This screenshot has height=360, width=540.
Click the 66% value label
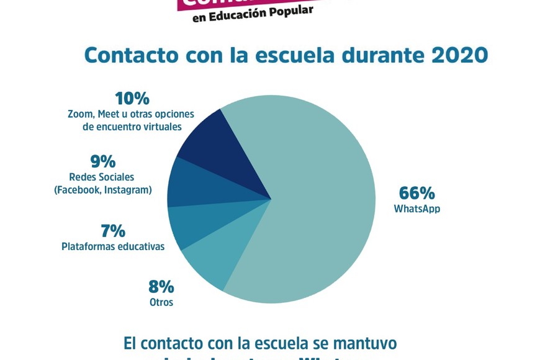416,193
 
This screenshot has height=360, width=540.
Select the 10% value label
132,99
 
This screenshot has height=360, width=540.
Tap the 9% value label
103,161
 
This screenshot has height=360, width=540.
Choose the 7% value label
113,231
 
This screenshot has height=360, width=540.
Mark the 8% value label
161,287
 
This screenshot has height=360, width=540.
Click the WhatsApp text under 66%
416,209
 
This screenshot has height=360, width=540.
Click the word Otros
161,303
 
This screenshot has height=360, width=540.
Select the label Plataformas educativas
113,246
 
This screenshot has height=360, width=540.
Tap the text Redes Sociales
101,177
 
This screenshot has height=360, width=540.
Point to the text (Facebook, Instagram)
103,190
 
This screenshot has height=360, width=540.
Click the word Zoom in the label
80,114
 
